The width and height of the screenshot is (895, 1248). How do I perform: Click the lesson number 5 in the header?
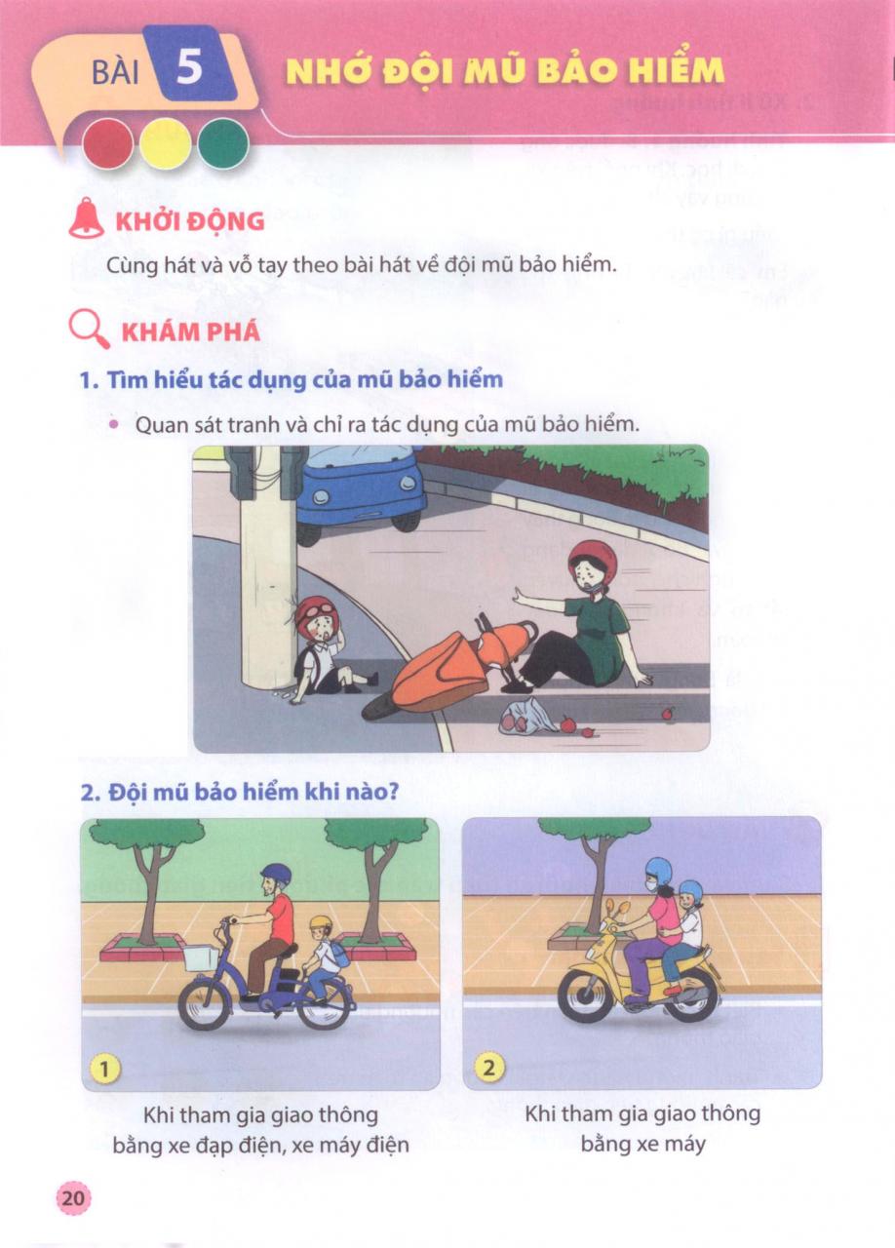pos(189,67)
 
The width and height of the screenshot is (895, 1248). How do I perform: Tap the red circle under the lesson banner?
pos(107,144)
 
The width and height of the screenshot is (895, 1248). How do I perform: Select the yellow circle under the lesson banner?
pos(166,144)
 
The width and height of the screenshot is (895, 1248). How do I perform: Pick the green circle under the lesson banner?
pos(223,144)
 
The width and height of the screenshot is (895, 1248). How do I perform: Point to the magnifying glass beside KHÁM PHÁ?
pos(88,330)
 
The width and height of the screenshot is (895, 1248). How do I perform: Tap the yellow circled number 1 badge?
pos(104,1068)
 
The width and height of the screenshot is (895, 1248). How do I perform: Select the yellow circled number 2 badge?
pos(488,1068)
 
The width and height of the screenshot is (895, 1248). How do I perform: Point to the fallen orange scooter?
pos(446,669)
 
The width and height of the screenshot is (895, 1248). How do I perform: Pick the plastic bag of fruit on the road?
pos(527,716)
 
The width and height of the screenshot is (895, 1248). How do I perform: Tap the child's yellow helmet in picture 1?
pos(320,923)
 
